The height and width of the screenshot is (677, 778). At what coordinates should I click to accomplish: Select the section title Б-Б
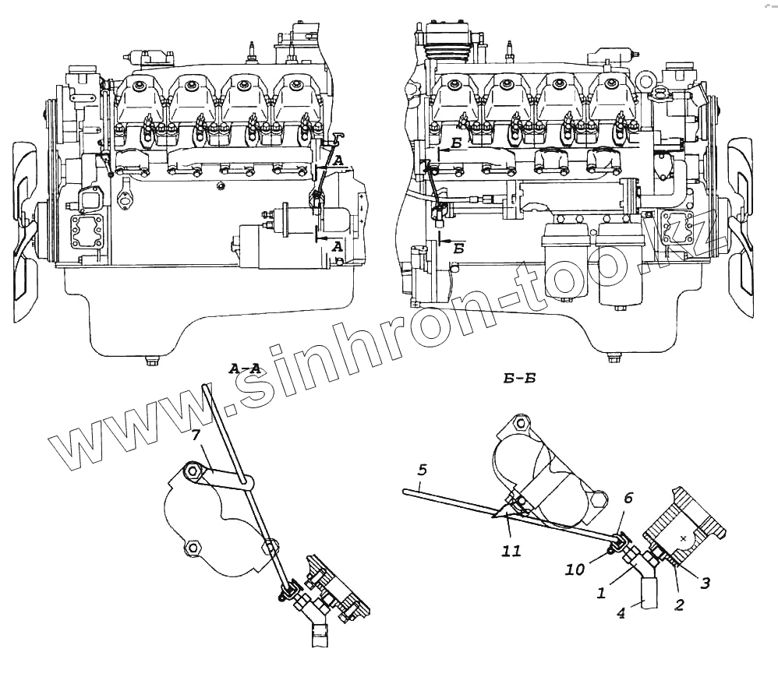point(518,380)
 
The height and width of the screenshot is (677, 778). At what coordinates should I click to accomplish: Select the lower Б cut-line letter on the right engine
point(459,249)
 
